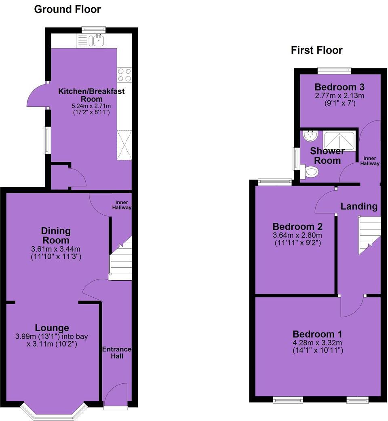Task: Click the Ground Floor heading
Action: pos(67,9)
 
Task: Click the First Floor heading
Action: pos(316,50)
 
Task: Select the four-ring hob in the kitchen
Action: pos(124,75)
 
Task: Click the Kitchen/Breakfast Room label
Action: pos(91,95)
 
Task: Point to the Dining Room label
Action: pos(56,235)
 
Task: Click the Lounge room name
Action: pos(52,328)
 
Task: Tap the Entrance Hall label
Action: pos(117,353)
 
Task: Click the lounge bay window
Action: pos(54,410)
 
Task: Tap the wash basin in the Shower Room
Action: pos(310,136)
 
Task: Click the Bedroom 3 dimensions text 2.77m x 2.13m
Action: pos(339,96)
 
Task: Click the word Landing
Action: pos(358,206)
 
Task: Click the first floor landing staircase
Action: pos(369,235)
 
